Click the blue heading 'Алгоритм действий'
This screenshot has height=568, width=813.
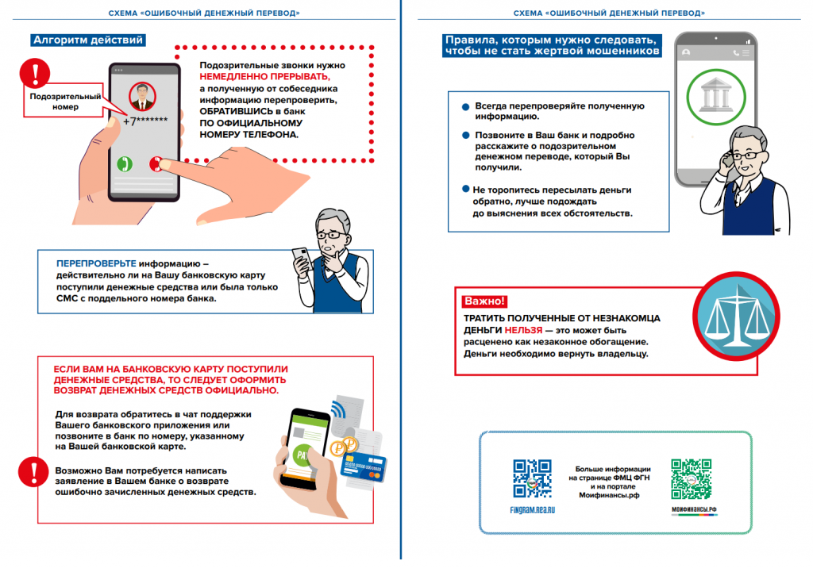pyautogui.click(x=87, y=40)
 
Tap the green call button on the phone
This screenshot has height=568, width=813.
pyautogui.click(x=124, y=163)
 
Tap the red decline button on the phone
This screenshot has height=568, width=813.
pyautogui.click(x=156, y=163)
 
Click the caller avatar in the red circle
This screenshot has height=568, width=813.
pyautogui.click(x=142, y=98)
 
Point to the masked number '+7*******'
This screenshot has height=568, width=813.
pyautogui.click(x=146, y=121)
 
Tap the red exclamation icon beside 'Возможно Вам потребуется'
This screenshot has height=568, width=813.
pyautogui.click(x=30, y=471)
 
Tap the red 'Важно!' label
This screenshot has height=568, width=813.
pyautogui.click(x=484, y=301)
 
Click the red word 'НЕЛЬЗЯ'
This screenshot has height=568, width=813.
pyautogui.click(x=522, y=329)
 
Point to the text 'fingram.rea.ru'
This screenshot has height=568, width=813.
pyautogui.click(x=532, y=510)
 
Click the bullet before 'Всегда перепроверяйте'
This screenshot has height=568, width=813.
pyautogui.click(x=464, y=106)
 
